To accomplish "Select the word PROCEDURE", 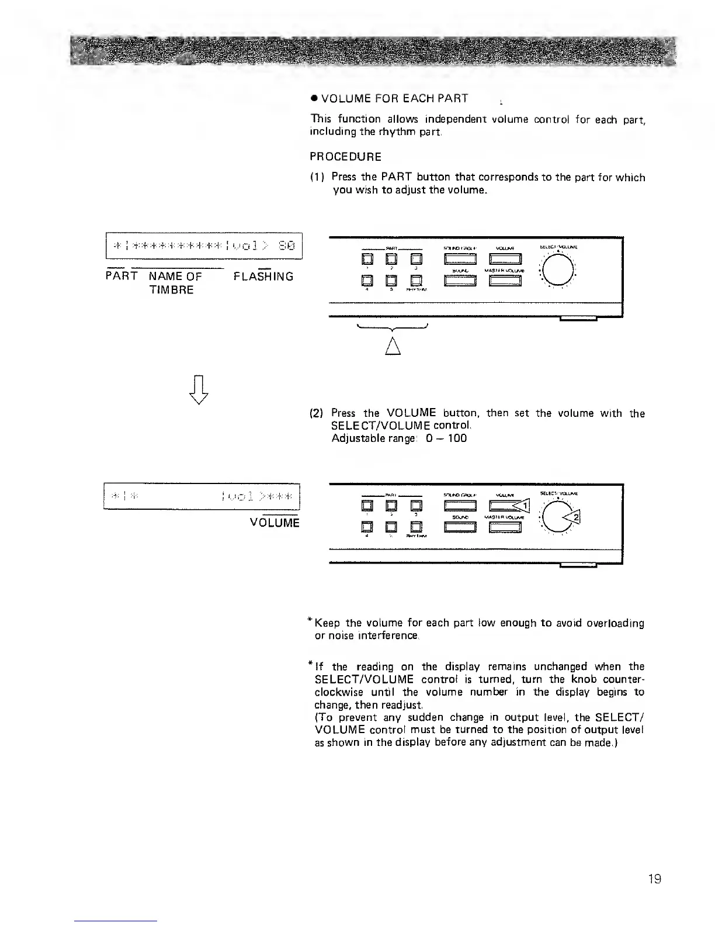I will pos(345,157).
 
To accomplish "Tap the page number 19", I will pos(654,879).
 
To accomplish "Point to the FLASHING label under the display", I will pos(263,277).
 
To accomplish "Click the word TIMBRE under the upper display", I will pos(171,290).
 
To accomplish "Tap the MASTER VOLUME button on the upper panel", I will pos(505,282).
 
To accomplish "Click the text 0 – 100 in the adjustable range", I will pos(447,438).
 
